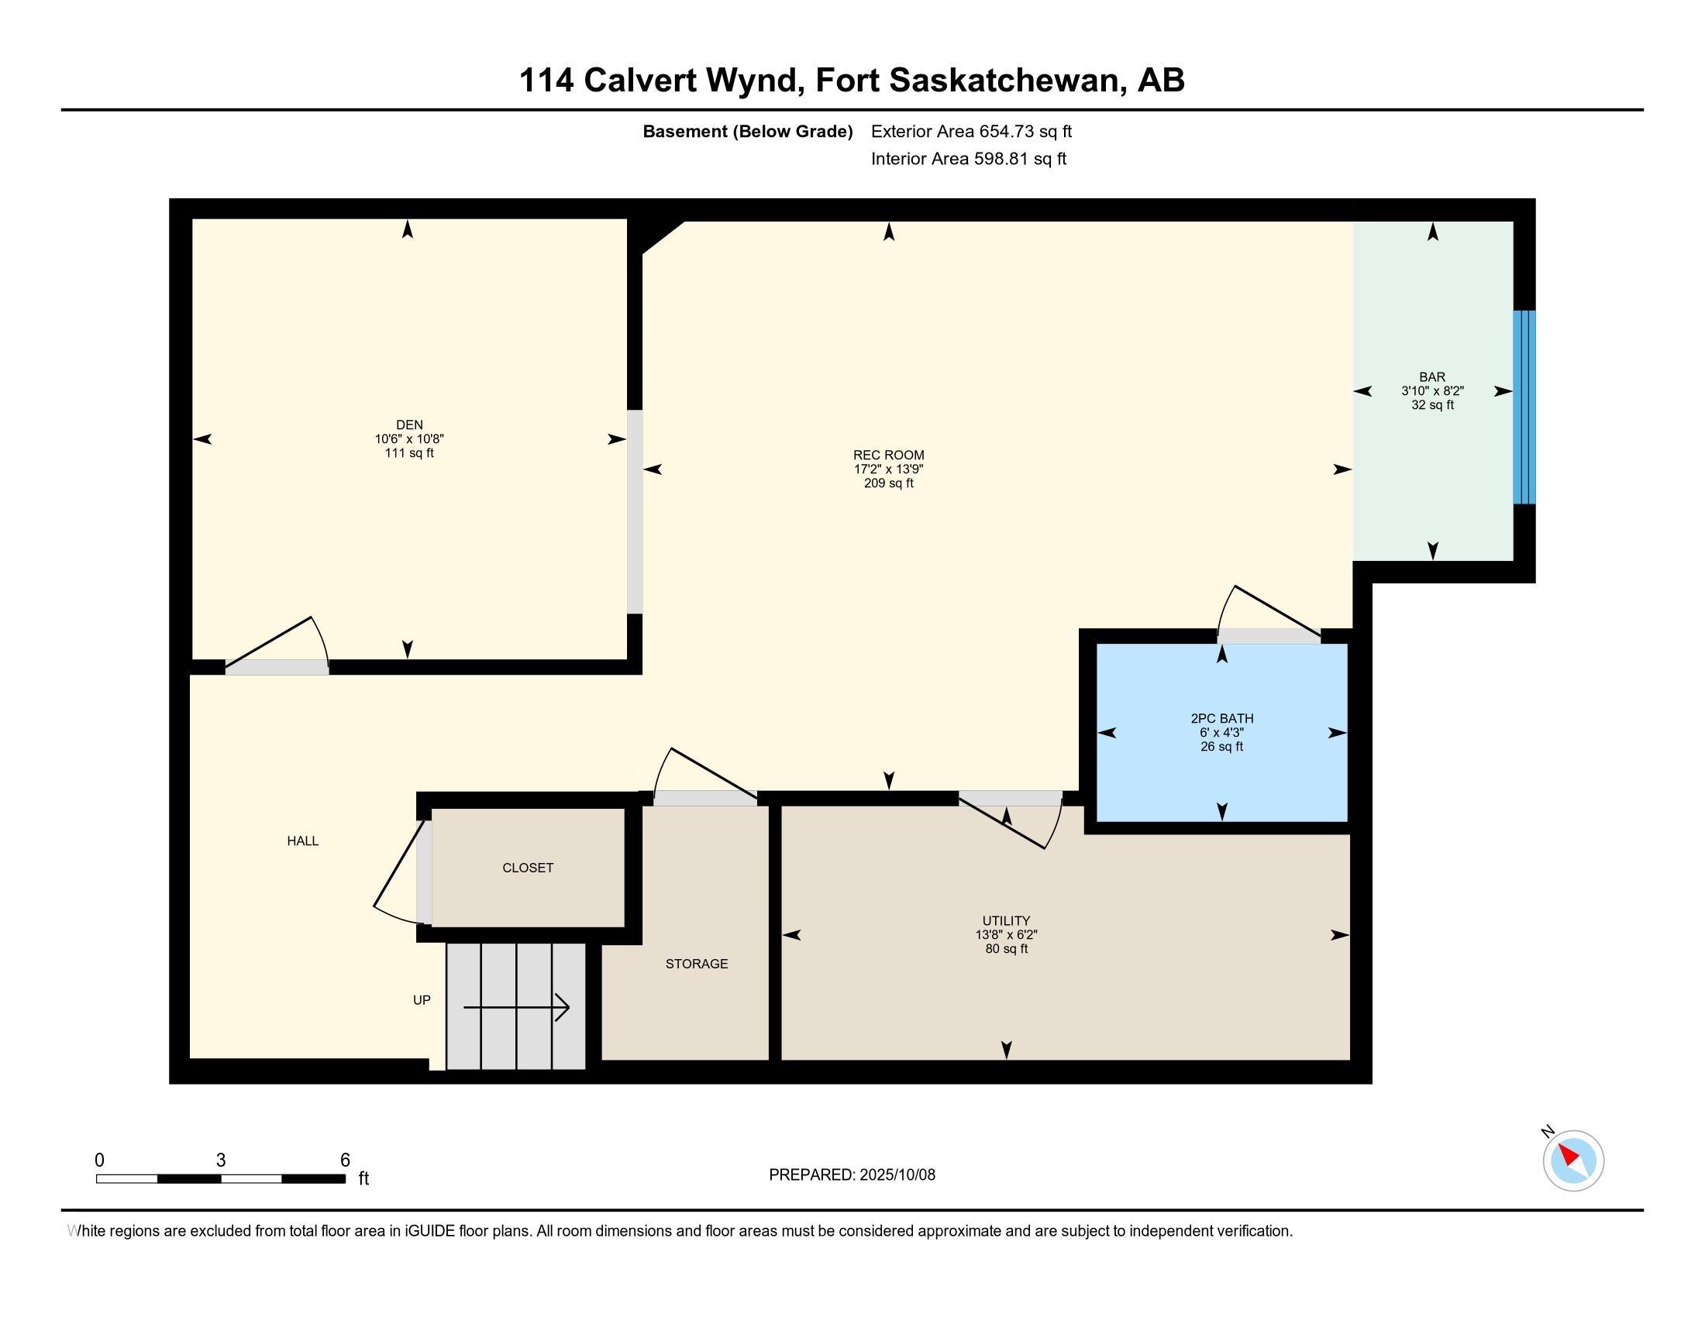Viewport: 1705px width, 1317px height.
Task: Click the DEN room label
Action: (409, 425)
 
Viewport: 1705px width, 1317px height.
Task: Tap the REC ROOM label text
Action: (888, 455)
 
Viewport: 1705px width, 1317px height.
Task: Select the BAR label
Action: (1432, 377)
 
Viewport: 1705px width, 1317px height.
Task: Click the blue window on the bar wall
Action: (1524, 407)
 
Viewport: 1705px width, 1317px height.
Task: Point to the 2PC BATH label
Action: (1221, 719)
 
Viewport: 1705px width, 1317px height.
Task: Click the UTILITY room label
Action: (1006, 920)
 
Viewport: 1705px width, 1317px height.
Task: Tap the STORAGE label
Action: (697, 964)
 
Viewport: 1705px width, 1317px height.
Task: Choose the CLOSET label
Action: (528, 868)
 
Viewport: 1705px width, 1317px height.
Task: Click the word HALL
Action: (303, 841)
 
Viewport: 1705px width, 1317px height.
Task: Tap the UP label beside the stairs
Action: (422, 999)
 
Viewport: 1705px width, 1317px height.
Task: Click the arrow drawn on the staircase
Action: (517, 1007)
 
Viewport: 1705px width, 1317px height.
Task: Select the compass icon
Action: (1573, 1161)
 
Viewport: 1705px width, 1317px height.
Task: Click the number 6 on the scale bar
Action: (345, 1161)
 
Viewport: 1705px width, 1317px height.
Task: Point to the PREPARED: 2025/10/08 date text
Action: (852, 1174)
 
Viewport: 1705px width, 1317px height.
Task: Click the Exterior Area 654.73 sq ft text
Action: (971, 131)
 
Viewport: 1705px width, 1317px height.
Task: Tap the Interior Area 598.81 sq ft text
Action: (968, 158)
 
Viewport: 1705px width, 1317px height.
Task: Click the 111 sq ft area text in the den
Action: (409, 452)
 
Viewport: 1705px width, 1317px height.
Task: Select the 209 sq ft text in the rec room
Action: (888, 483)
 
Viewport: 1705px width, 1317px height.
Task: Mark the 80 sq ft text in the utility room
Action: (1006, 949)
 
